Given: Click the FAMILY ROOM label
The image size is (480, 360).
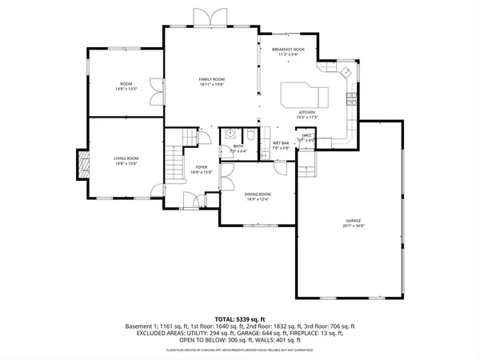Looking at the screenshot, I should click(x=212, y=79).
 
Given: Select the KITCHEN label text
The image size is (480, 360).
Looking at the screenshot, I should click(x=308, y=112).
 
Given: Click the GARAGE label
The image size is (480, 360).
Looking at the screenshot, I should click(x=354, y=220).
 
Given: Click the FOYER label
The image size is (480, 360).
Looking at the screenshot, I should click(x=202, y=166).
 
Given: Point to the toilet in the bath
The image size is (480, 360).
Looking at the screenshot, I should click(x=250, y=134).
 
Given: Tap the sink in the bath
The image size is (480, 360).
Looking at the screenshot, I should click(x=230, y=134).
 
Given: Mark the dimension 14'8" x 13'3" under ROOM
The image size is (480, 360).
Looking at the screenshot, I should click(x=126, y=89).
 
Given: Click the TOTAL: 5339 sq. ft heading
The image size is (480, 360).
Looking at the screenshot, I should click(x=240, y=318).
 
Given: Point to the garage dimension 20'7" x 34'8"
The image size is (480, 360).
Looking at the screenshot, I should click(x=354, y=226).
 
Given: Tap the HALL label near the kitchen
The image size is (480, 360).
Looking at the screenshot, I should click(x=307, y=135).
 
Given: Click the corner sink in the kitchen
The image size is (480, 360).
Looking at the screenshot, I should click(x=345, y=73).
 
